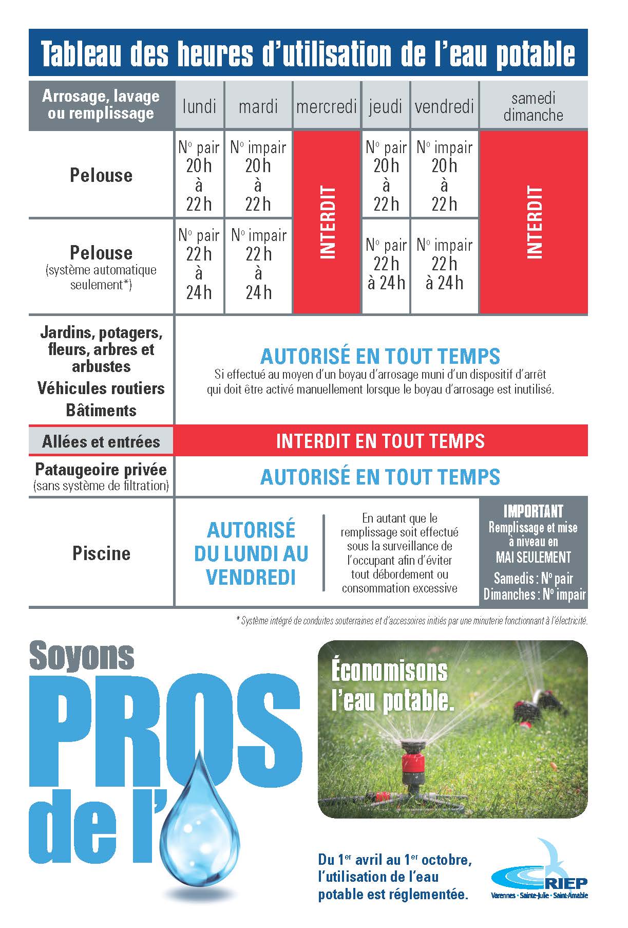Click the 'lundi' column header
[199, 106]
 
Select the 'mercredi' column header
[327, 106]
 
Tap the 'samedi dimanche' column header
[533, 106]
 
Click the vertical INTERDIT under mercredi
[327, 222]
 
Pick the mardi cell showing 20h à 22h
[258, 175]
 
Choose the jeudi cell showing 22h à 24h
[386, 264]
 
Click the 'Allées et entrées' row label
[101, 441]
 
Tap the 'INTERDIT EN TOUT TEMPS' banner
[380, 441]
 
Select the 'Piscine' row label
[101, 553]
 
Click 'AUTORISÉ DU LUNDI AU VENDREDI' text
[251, 553]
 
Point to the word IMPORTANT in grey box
[533, 511]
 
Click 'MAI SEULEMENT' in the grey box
[533, 557]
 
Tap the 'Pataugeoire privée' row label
[101, 470]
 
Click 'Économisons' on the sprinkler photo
[389, 671]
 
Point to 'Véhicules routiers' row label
[101, 388]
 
